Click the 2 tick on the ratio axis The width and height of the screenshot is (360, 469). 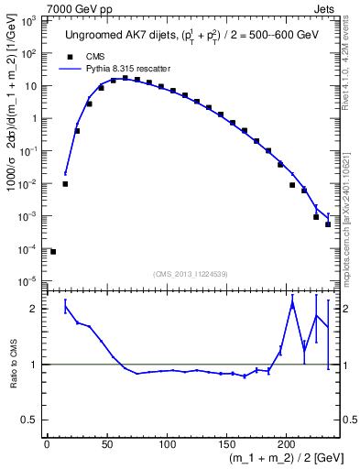point(35,309)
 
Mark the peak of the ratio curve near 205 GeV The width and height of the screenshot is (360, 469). point(292,302)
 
